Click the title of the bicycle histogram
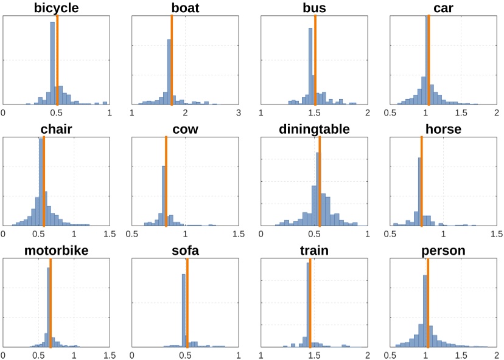tap(57, 8)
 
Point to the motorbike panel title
tap(57, 251)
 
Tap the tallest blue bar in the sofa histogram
tap(184, 310)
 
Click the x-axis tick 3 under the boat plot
tap(239, 112)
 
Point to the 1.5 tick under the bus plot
tap(314, 112)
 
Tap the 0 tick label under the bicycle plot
tap(4, 112)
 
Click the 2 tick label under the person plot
tap(496, 355)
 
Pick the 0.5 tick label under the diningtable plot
tap(314, 234)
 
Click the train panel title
tap(314, 251)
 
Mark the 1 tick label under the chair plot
tap(74, 234)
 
